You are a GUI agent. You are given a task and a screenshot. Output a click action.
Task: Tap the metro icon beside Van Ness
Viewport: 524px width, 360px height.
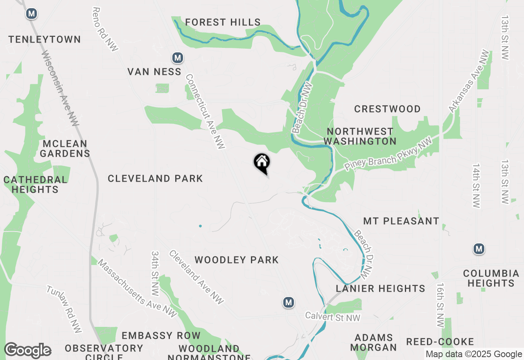(x=177, y=58)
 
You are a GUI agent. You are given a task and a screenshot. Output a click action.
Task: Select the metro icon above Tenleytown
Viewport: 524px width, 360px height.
(x=31, y=14)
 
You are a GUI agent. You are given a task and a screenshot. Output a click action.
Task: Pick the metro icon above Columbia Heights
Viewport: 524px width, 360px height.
(x=479, y=249)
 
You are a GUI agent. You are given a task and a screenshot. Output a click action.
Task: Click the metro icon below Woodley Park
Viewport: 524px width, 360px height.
(x=289, y=303)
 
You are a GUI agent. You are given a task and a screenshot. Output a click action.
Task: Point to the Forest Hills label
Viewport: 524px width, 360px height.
(x=223, y=22)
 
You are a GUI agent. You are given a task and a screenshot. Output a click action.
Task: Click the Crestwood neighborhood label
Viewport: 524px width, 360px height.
(x=387, y=109)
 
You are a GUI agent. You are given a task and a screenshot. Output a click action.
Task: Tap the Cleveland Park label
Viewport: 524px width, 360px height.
(x=155, y=178)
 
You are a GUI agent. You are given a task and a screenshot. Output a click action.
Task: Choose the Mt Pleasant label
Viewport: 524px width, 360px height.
(x=401, y=221)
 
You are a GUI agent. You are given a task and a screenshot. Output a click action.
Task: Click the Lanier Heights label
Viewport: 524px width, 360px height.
(x=380, y=288)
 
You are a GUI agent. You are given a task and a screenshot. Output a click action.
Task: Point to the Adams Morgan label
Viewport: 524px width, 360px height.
(x=374, y=342)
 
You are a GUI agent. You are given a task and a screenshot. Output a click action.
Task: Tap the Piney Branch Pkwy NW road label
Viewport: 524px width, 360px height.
(x=388, y=155)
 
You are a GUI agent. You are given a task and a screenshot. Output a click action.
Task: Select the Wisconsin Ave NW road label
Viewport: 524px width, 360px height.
(x=60, y=88)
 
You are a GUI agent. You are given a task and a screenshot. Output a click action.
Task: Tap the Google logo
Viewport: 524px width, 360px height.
(x=27, y=351)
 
